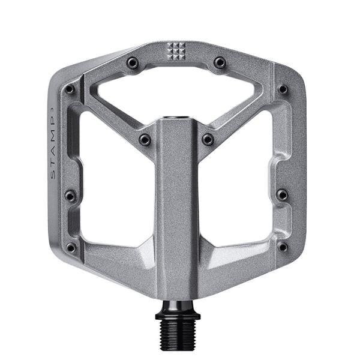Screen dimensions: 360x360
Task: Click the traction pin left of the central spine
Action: click(144, 139)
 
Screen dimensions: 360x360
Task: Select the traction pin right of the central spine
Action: click(208, 139)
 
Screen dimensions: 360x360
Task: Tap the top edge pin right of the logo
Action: click(220, 62)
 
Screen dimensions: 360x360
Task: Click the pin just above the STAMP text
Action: click(70, 89)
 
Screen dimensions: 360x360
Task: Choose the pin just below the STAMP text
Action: click(70, 195)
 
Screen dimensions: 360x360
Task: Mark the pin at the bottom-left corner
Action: click(71, 247)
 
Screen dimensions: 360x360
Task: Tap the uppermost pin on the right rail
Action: click(283, 89)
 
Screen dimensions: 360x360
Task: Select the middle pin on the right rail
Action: click(282, 194)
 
